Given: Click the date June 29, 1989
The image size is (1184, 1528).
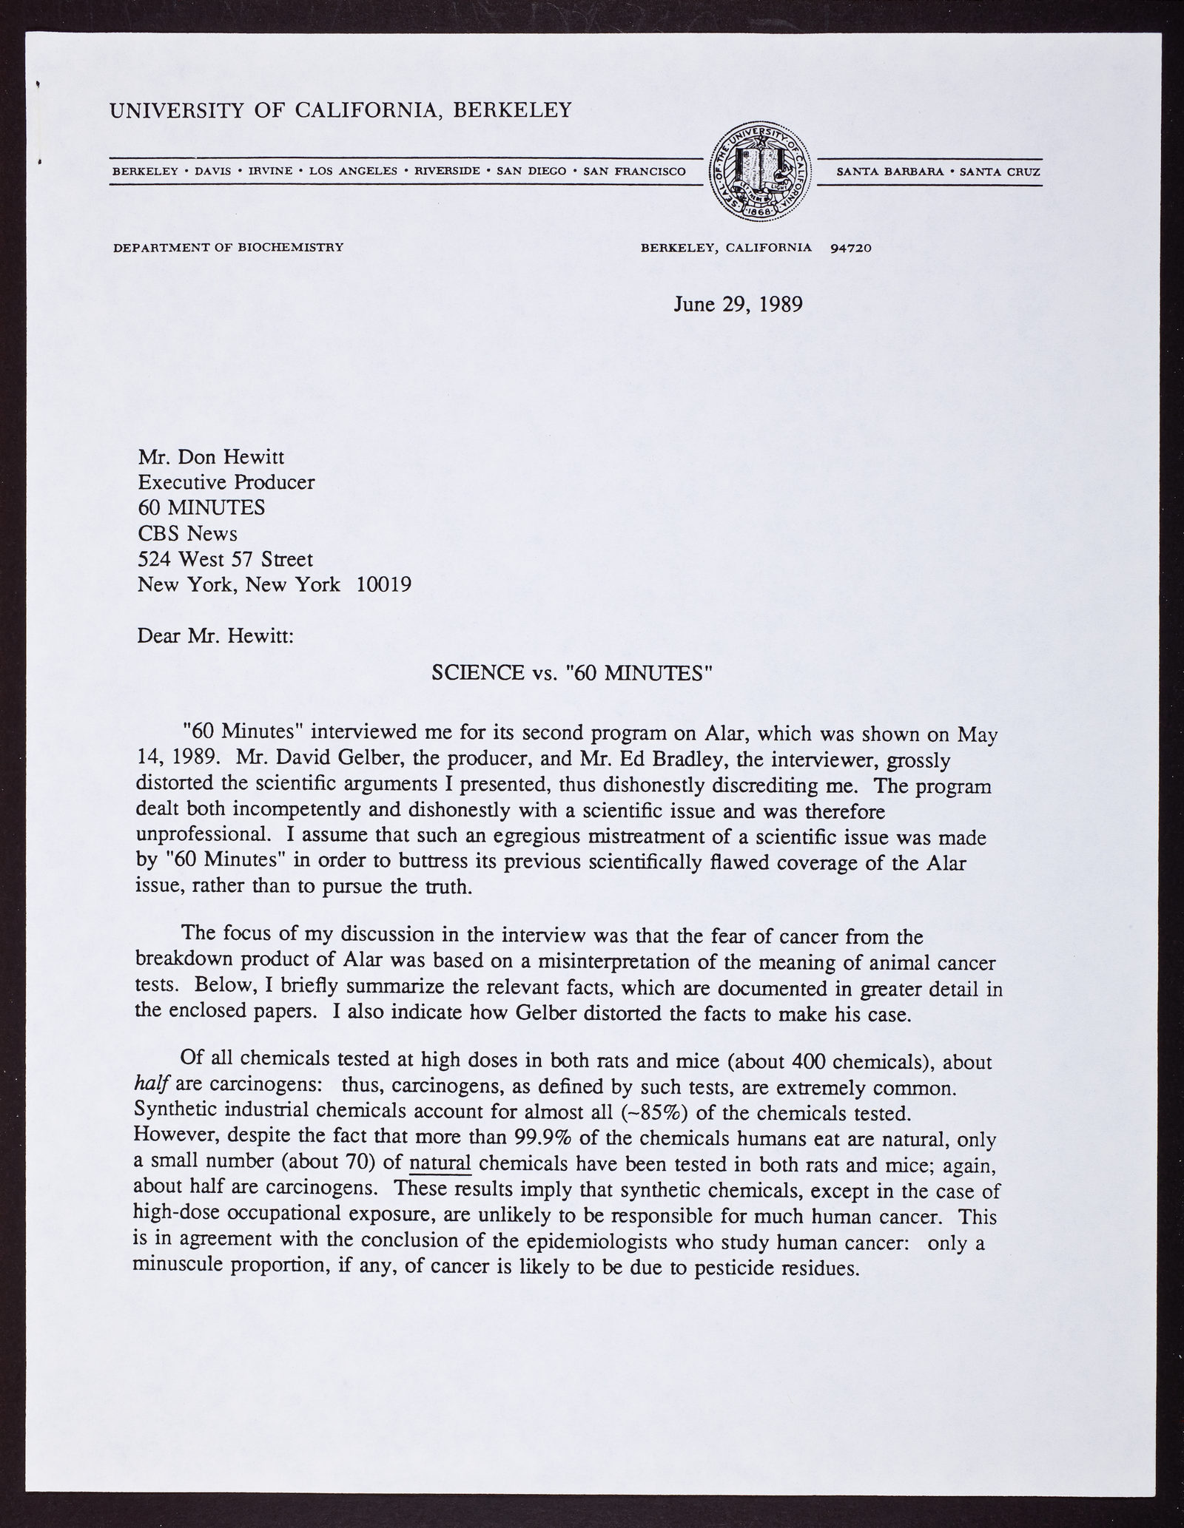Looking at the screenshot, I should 738,304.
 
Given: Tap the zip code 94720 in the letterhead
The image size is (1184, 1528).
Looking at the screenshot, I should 851,248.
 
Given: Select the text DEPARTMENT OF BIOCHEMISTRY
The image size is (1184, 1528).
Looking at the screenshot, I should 228,247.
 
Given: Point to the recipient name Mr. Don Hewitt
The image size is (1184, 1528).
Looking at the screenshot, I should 211,458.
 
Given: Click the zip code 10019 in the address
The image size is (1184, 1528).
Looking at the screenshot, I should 384,584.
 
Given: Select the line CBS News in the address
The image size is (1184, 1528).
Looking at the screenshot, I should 187,533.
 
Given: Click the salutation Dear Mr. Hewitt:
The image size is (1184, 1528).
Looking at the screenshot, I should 216,635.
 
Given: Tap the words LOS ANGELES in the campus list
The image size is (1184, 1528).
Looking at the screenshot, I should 351,172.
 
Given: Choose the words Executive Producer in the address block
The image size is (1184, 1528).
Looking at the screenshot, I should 226,483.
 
